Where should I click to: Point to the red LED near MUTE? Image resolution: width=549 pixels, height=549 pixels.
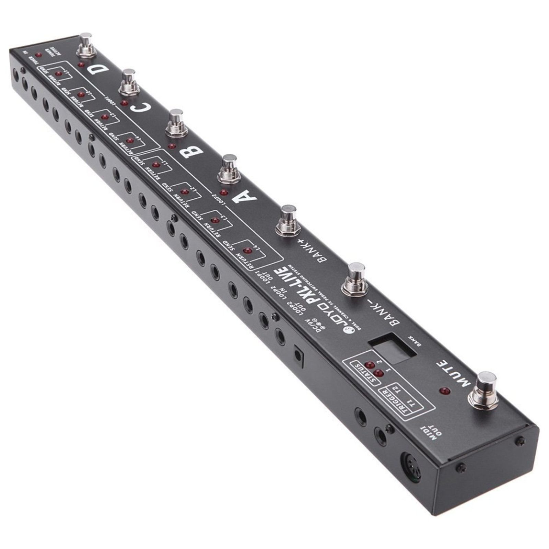(445, 391)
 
